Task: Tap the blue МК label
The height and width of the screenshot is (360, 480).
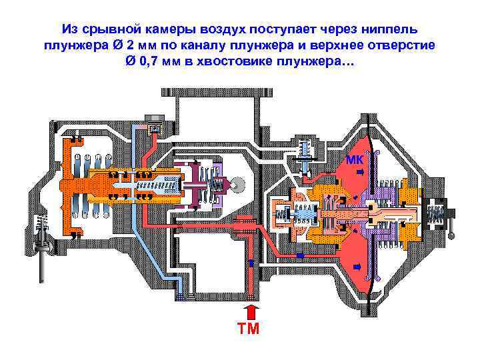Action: pos(354,159)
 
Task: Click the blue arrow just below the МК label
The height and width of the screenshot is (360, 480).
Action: pos(358,172)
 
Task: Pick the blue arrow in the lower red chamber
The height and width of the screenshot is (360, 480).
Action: pos(357,267)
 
